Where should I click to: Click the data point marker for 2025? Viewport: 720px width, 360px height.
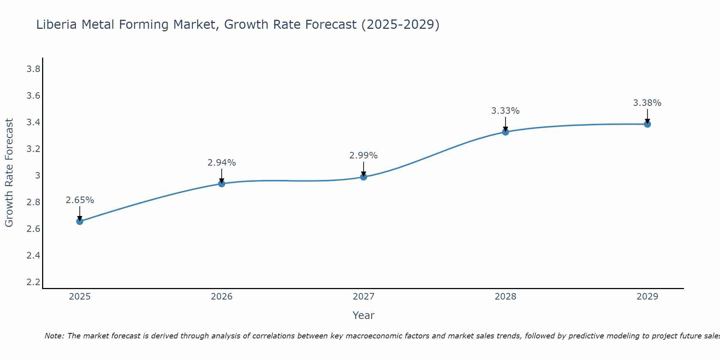click(x=80, y=221)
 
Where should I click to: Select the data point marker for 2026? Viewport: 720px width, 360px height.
click(x=222, y=184)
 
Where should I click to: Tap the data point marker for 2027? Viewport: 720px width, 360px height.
click(x=364, y=177)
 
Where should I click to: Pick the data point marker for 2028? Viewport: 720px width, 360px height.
click(x=505, y=132)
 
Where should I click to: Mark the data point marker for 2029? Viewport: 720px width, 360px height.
click(x=647, y=124)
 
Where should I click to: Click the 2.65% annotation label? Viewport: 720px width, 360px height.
click(x=80, y=200)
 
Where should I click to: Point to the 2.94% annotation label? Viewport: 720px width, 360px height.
click(x=222, y=163)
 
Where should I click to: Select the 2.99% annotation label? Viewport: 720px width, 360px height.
click(x=364, y=156)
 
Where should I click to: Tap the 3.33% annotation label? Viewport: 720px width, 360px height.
click(x=505, y=111)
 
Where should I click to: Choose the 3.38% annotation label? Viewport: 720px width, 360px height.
click(x=647, y=103)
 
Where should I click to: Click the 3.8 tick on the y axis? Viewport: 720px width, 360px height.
click(x=33, y=69)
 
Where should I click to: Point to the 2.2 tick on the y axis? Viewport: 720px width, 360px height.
click(x=33, y=282)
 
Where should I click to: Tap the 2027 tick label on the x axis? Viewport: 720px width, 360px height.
click(x=364, y=297)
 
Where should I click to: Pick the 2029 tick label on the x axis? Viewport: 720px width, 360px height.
click(x=647, y=297)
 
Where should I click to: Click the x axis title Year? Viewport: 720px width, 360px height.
click(x=364, y=315)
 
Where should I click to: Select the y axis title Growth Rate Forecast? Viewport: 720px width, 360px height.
click(x=9, y=173)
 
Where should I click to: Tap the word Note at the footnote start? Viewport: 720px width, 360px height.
click(x=54, y=336)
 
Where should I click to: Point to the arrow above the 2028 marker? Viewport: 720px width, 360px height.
click(x=505, y=124)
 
